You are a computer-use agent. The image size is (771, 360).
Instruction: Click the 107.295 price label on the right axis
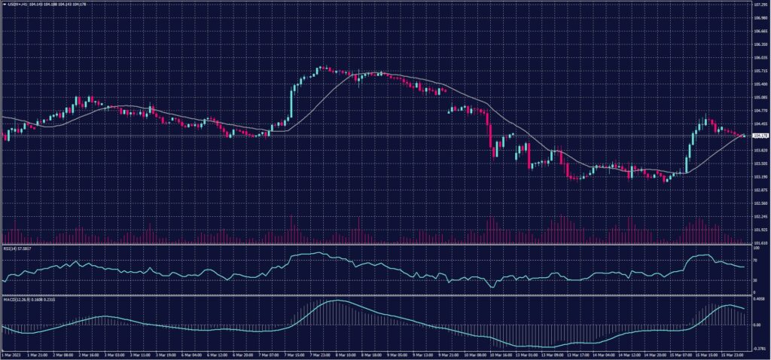(760, 5)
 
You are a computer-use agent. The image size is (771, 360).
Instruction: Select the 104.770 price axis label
(760, 111)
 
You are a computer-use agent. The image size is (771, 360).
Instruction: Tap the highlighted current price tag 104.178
(760, 136)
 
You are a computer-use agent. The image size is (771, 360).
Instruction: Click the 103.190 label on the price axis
(760, 177)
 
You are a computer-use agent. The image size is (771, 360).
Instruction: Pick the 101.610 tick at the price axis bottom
(760, 243)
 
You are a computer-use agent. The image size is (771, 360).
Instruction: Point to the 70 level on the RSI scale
(755, 260)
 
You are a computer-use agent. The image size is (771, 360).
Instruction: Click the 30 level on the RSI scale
(755, 279)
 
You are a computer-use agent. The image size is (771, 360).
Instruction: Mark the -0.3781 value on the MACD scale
(758, 349)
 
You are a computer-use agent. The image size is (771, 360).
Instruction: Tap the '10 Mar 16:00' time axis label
(501, 355)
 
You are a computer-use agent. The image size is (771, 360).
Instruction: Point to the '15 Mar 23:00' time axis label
(732, 355)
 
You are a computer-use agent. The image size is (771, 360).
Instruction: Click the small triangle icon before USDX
(4, 5)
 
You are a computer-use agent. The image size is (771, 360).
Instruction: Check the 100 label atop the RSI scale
(756, 248)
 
